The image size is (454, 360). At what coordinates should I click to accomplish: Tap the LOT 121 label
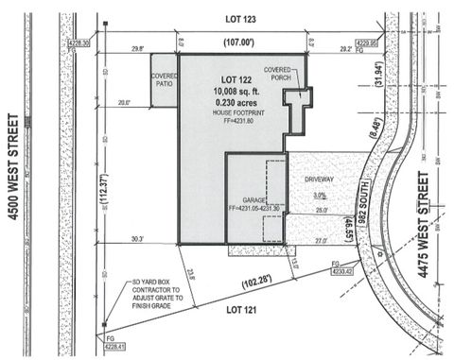(x=244, y=307)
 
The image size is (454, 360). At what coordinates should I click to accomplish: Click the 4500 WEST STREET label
(x=15, y=180)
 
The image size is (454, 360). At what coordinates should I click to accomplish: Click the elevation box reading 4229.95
(x=366, y=43)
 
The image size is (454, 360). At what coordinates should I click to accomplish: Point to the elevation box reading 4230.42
(x=342, y=271)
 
